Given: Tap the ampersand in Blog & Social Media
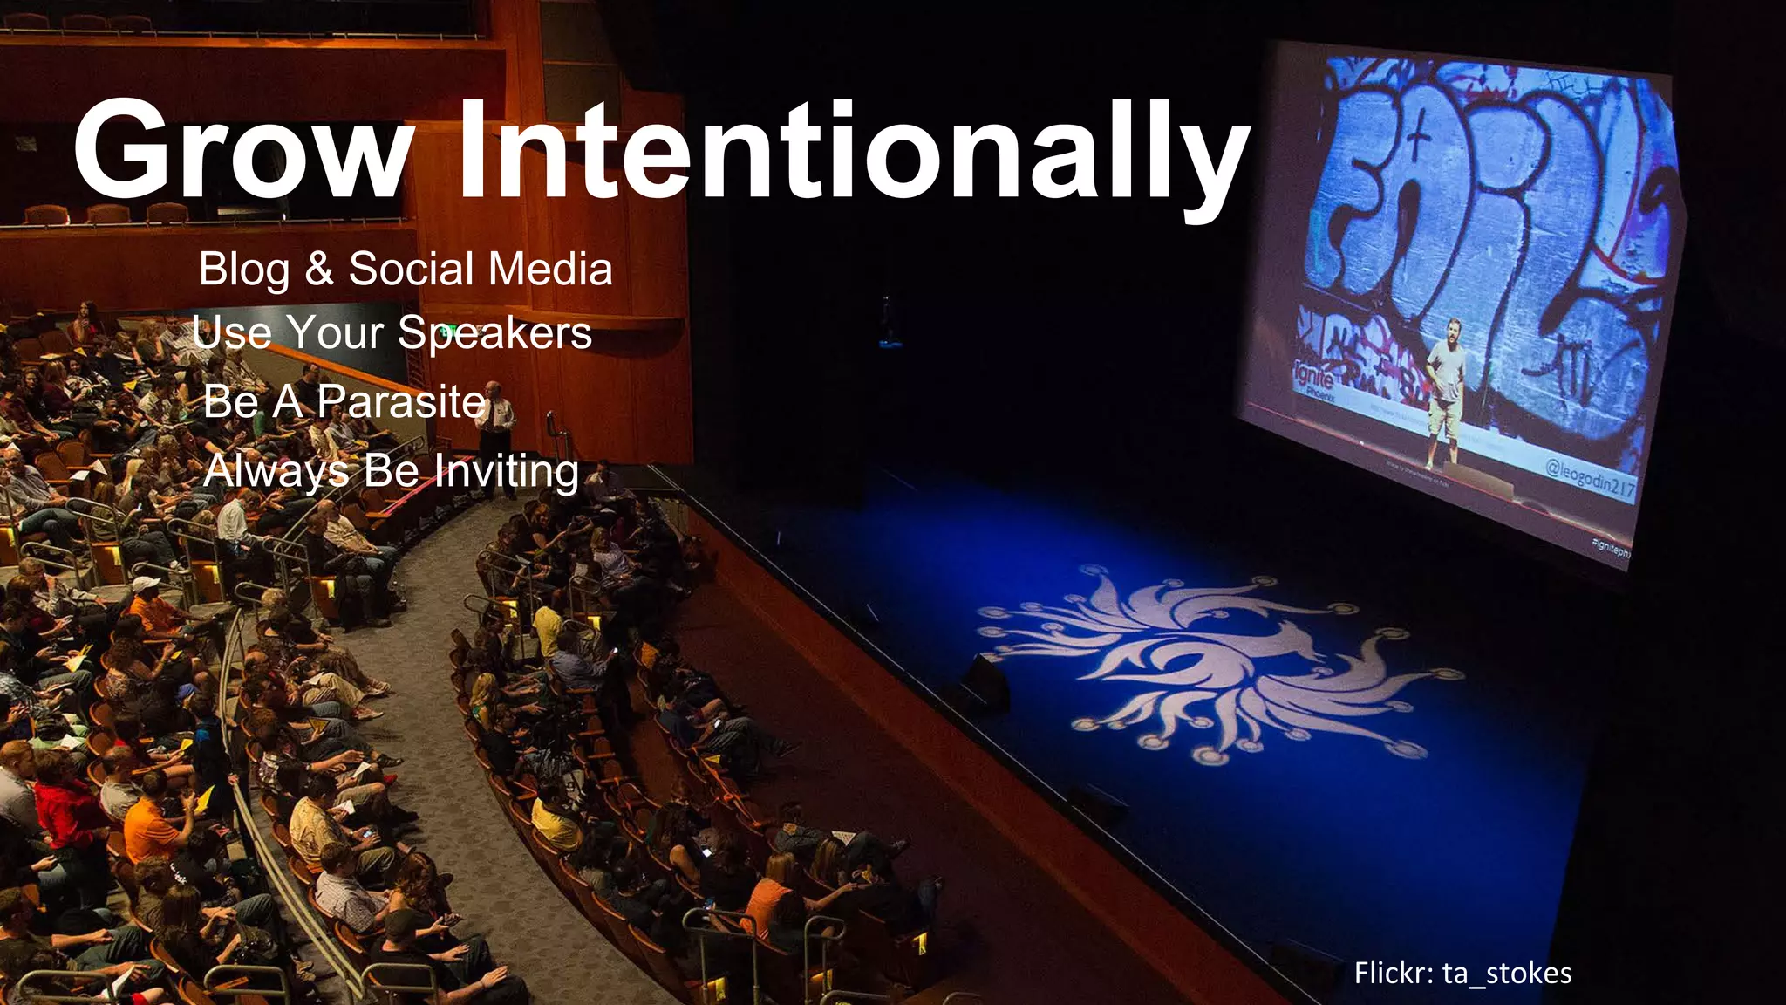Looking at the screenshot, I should (x=319, y=268).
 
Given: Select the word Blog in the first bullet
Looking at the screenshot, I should (x=243, y=270).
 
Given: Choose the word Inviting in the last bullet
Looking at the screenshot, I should (x=506, y=472).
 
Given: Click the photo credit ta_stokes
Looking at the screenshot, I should (x=1507, y=973).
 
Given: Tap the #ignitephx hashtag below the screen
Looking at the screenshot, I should (x=1611, y=547).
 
